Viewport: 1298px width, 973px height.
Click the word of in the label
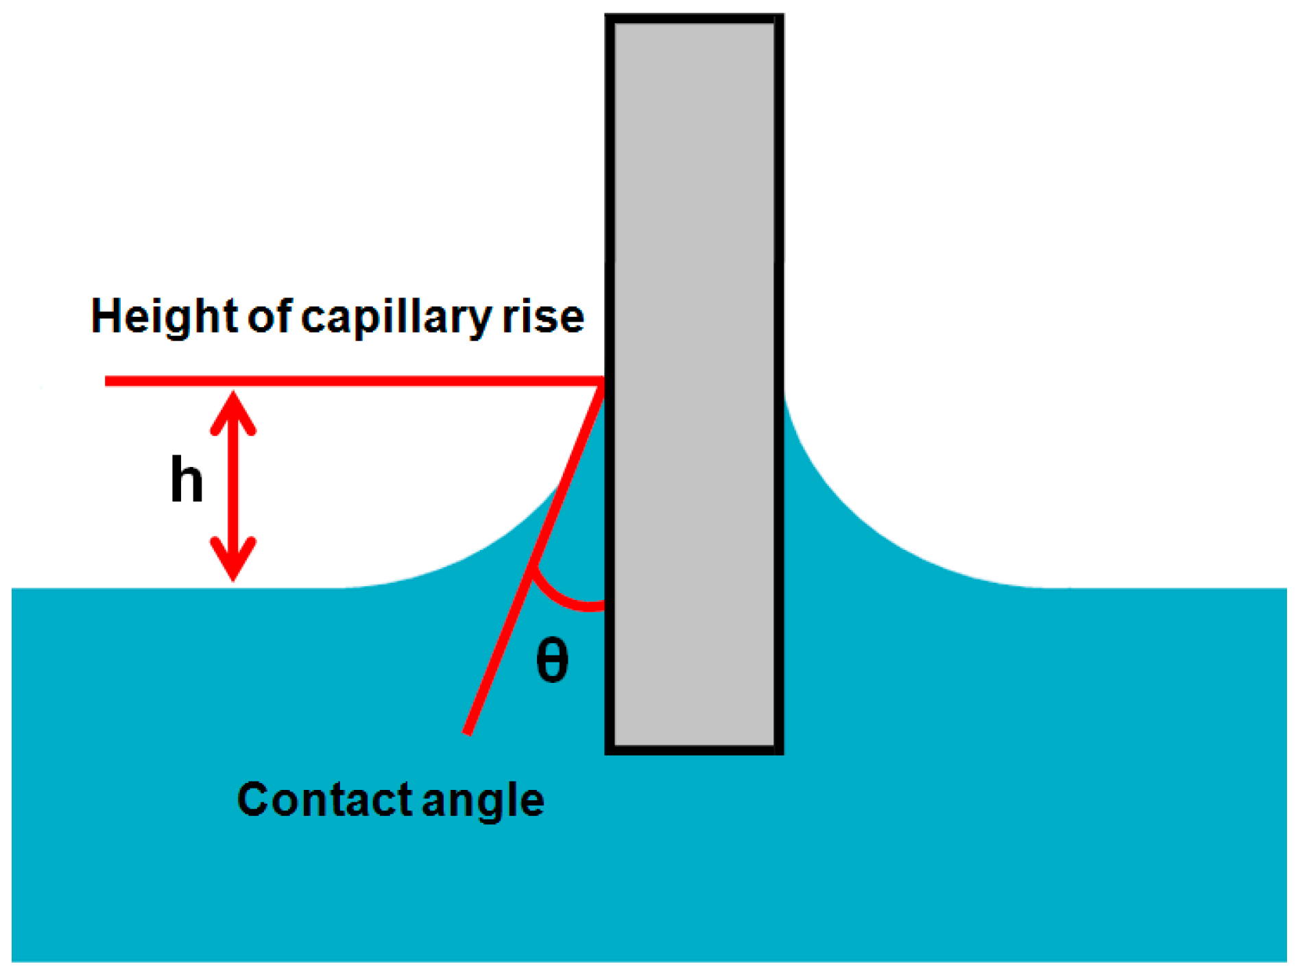tap(269, 317)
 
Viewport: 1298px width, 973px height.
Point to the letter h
tap(186, 480)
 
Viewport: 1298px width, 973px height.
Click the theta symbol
tap(552, 660)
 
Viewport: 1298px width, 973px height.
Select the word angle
tap(483, 801)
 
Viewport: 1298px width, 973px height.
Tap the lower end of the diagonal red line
tap(468, 731)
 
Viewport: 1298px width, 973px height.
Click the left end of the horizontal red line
tap(108, 381)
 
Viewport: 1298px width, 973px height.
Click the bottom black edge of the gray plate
tap(695, 750)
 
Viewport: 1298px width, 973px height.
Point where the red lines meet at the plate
tap(603, 382)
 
